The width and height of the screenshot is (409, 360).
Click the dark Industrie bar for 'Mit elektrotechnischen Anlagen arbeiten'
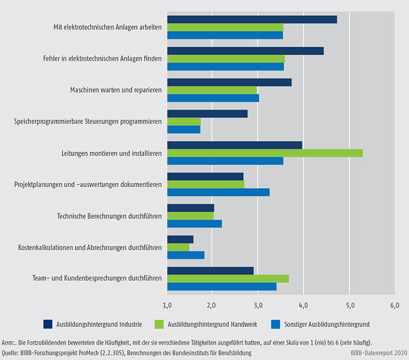tap(252, 20)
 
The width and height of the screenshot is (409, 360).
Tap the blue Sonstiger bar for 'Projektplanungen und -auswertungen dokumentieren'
tap(219, 192)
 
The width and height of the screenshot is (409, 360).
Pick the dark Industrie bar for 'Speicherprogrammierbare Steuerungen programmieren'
tap(207, 114)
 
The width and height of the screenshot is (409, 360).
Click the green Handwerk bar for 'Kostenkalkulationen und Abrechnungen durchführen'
tap(178, 247)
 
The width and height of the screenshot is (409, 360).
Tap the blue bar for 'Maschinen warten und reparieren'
tap(213, 98)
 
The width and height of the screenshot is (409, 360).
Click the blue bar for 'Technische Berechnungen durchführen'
tap(194, 224)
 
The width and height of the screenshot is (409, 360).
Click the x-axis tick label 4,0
tap(304, 306)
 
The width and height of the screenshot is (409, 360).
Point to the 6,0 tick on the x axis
tap(394, 306)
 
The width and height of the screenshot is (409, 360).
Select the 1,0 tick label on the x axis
tap(167, 306)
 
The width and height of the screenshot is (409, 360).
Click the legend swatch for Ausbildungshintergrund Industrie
tap(48, 324)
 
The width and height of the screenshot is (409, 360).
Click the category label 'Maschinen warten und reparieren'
tap(116, 90)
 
